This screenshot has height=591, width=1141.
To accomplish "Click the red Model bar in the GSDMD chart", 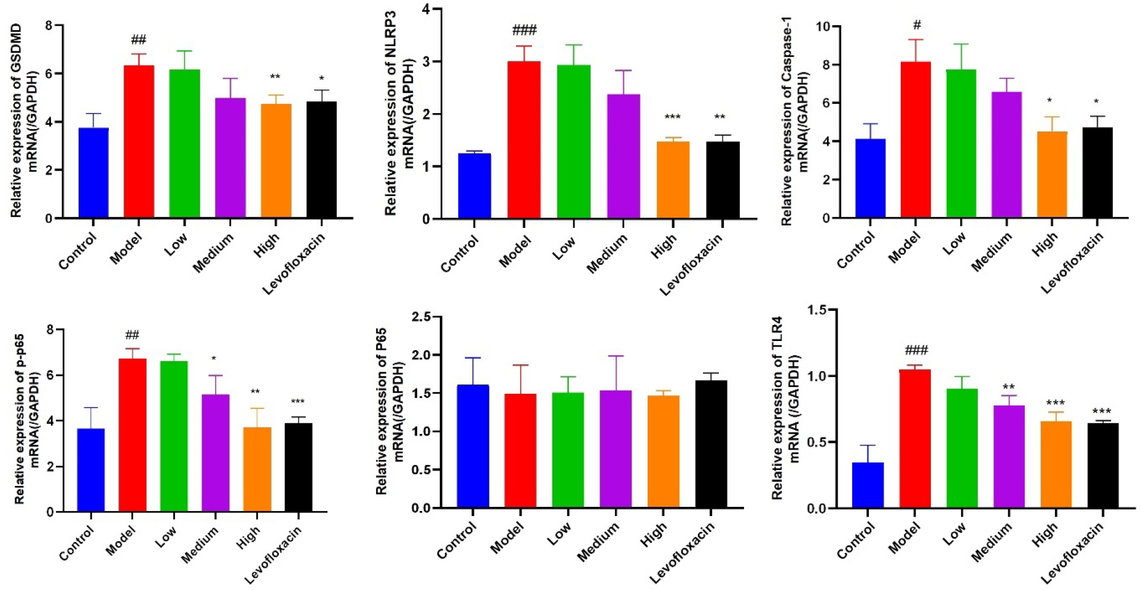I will [139, 141].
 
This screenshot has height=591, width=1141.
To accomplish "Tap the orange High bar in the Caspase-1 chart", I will [1052, 174].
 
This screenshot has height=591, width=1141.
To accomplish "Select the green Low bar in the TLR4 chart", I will [962, 448].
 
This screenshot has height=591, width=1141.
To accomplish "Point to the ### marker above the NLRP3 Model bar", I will [524, 30].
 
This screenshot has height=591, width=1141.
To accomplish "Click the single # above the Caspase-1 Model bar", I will [917, 25].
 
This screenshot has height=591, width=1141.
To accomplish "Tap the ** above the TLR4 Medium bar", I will [1008, 388].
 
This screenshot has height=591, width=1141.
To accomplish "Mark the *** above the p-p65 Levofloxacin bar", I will [298, 402].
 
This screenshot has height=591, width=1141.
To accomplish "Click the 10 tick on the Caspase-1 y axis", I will [822, 26].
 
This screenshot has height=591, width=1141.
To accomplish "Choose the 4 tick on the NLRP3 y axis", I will [426, 10].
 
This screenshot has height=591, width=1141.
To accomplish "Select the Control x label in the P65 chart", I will [457, 541].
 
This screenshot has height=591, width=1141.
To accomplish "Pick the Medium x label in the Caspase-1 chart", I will [992, 252].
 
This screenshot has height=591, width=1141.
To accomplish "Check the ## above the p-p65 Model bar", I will [132, 335].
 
